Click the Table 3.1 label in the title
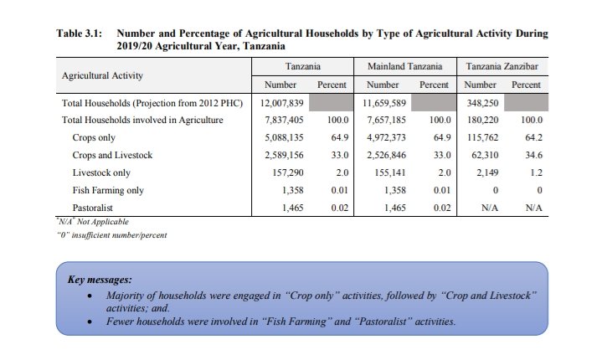(x=79, y=33)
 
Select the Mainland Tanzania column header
(x=405, y=65)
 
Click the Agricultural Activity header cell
(x=102, y=75)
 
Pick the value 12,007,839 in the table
(x=280, y=102)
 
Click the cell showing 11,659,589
(x=384, y=102)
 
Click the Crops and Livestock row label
(x=112, y=155)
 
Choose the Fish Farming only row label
(x=109, y=190)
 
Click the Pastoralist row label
(x=94, y=208)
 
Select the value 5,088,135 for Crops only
(x=280, y=137)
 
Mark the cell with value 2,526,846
(x=384, y=155)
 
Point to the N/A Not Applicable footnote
(x=94, y=222)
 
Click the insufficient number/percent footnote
(x=111, y=234)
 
